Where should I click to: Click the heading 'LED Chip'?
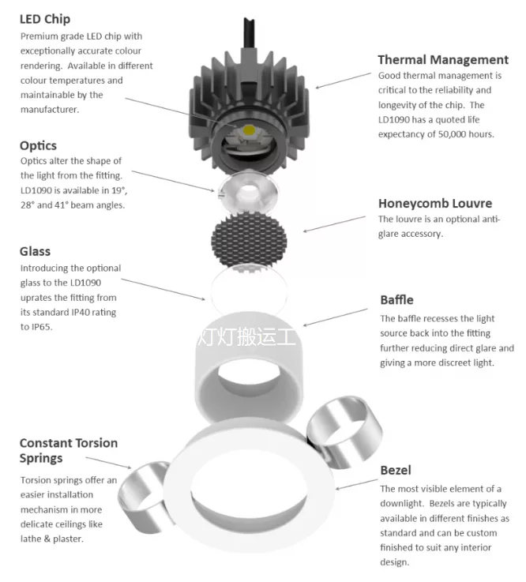tap(45, 19)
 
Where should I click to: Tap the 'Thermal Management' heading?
tap(442, 59)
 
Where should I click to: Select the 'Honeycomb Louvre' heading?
tap(434, 203)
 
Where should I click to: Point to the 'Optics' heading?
tap(38, 145)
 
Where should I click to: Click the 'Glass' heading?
tap(35, 251)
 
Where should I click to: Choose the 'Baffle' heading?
tap(396, 300)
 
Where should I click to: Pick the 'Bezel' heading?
tap(395, 471)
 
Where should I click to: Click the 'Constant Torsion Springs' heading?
tap(68, 450)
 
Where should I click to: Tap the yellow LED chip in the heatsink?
tap(250, 129)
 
